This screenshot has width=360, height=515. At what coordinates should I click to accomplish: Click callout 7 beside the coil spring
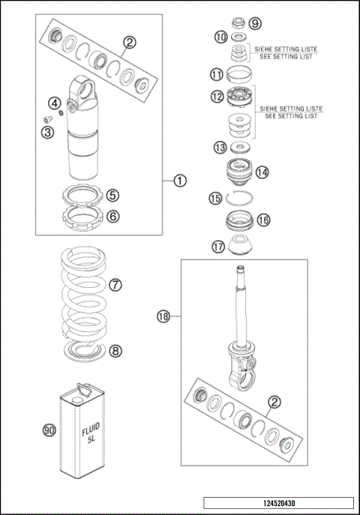click(x=115, y=285)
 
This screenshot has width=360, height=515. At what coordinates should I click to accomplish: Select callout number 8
click(x=115, y=349)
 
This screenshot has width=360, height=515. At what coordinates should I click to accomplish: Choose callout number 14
click(x=262, y=172)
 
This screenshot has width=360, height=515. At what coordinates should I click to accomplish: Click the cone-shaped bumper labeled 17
click(x=240, y=245)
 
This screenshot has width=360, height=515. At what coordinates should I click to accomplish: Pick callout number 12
click(x=217, y=97)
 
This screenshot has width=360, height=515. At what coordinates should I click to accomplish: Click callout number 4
click(x=55, y=103)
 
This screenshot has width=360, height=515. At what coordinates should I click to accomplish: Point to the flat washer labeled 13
click(x=240, y=146)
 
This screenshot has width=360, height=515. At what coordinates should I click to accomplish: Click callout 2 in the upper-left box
click(x=130, y=42)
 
